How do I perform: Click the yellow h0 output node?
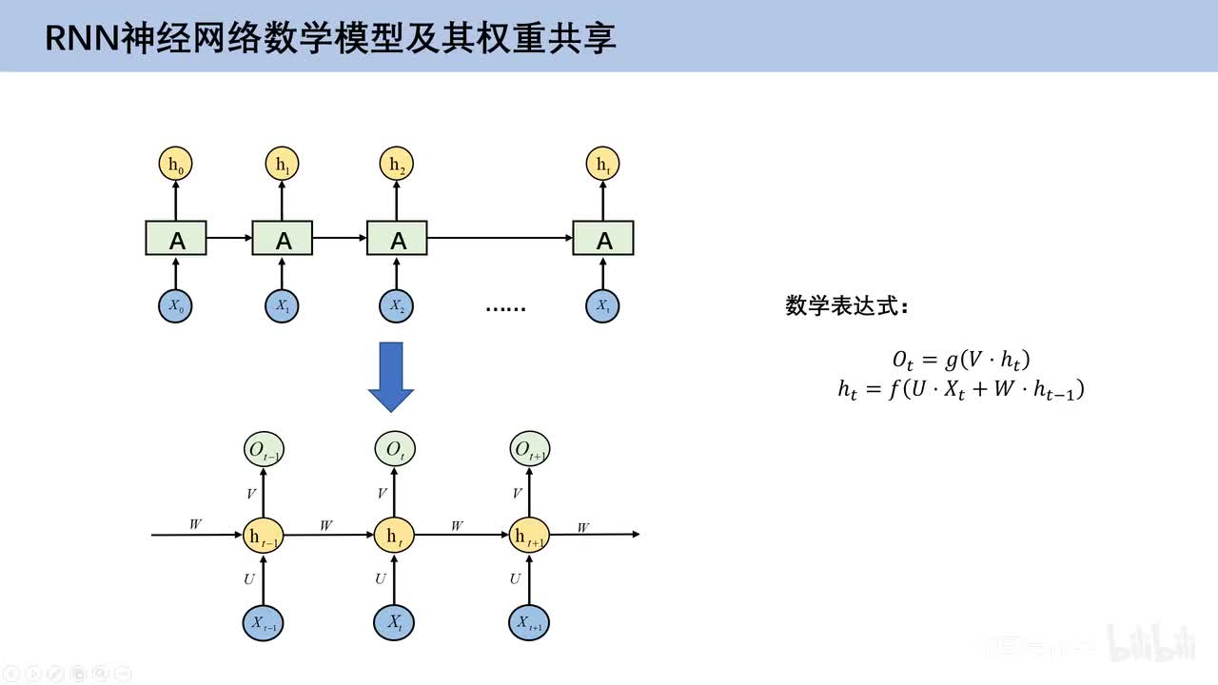[x=176, y=165]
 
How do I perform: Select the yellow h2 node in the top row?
[x=398, y=165]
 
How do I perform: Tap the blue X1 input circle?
[x=283, y=306]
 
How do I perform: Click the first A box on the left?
[x=176, y=238]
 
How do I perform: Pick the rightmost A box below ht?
[x=603, y=238]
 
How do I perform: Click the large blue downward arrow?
[x=391, y=377]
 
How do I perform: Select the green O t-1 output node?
[x=264, y=449]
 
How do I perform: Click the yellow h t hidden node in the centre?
[x=393, y=536]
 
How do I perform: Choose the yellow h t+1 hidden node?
[x=529, y=536]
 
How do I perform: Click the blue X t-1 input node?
[x=264, y=623]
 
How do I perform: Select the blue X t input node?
[x=394, y=623]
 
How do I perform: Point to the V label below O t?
[x=383, y=494]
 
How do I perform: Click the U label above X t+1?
[x=515, y=578]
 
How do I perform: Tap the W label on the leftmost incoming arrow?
[x=195, y=524]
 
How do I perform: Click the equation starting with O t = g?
[x=961, y=360]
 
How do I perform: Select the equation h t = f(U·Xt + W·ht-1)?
[x=961, y=389]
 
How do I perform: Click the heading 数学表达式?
[x=847, y=306]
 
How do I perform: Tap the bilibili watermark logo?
[x=1150, y=643]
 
